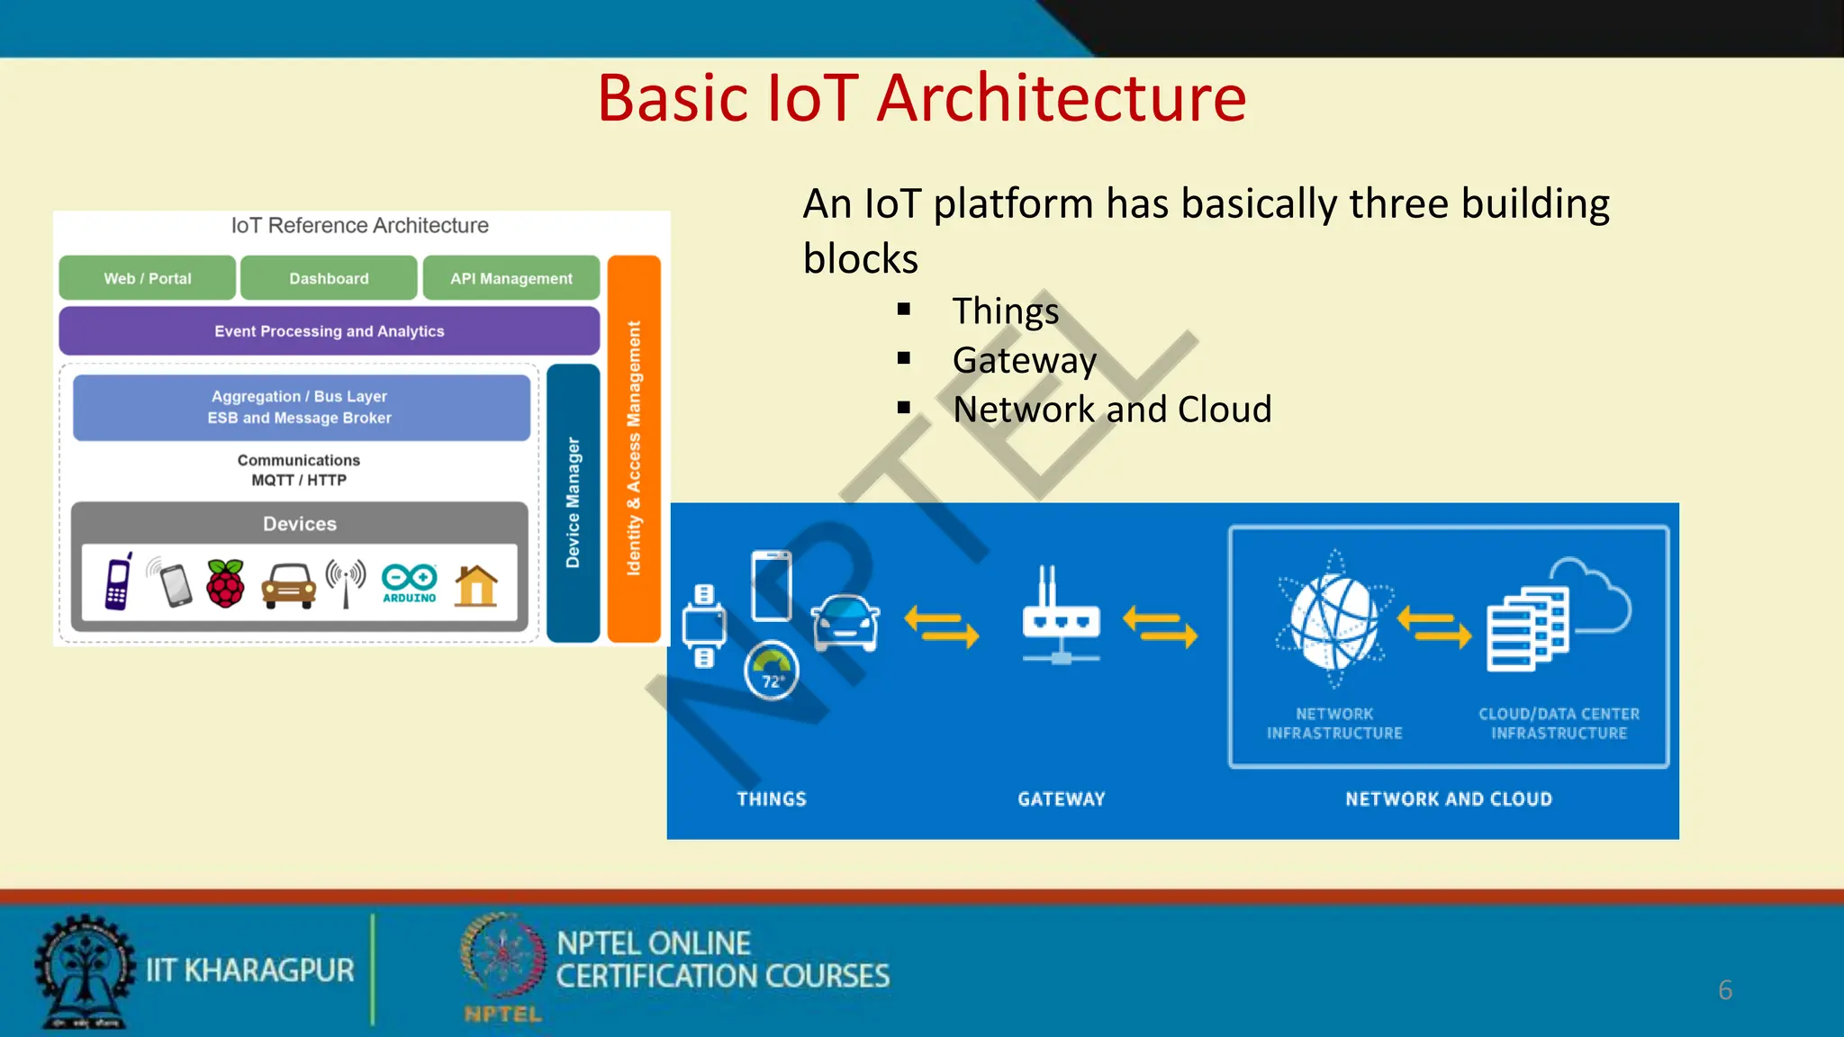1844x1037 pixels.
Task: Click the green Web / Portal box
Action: (x=148, y=278)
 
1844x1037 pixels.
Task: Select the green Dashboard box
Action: (x=329, y=278)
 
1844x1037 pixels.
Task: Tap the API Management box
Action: (x=511, y=278)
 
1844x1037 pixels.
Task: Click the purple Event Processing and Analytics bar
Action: (x=329, y=331)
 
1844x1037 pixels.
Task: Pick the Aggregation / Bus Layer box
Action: (x=301, y=407)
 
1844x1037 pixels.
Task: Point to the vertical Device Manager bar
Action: (x=573, y=502)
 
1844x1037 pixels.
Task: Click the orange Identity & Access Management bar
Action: (x=634, y=448)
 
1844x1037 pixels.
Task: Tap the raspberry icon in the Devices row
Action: (x=225, y=583)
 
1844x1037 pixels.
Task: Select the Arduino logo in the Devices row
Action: (x=410, y=582)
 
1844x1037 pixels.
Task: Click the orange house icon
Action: (x=476, y=585)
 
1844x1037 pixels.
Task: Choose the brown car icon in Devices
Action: (x=288, y=586)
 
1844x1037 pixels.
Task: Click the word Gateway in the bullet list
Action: (x=1024, y=360)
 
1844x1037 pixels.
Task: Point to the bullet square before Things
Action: (x=904, y=310)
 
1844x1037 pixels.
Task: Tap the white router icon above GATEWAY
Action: (x=1061, y=616)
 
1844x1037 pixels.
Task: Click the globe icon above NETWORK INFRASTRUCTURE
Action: (x=1333, y=620)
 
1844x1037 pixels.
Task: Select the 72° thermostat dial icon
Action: (x=771, y=670)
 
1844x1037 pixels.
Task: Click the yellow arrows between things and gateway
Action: (x=941, y=626)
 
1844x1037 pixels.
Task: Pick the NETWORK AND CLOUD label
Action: (x=1448, y=798)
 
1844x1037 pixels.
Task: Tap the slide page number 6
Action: (x=1724, y=990)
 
